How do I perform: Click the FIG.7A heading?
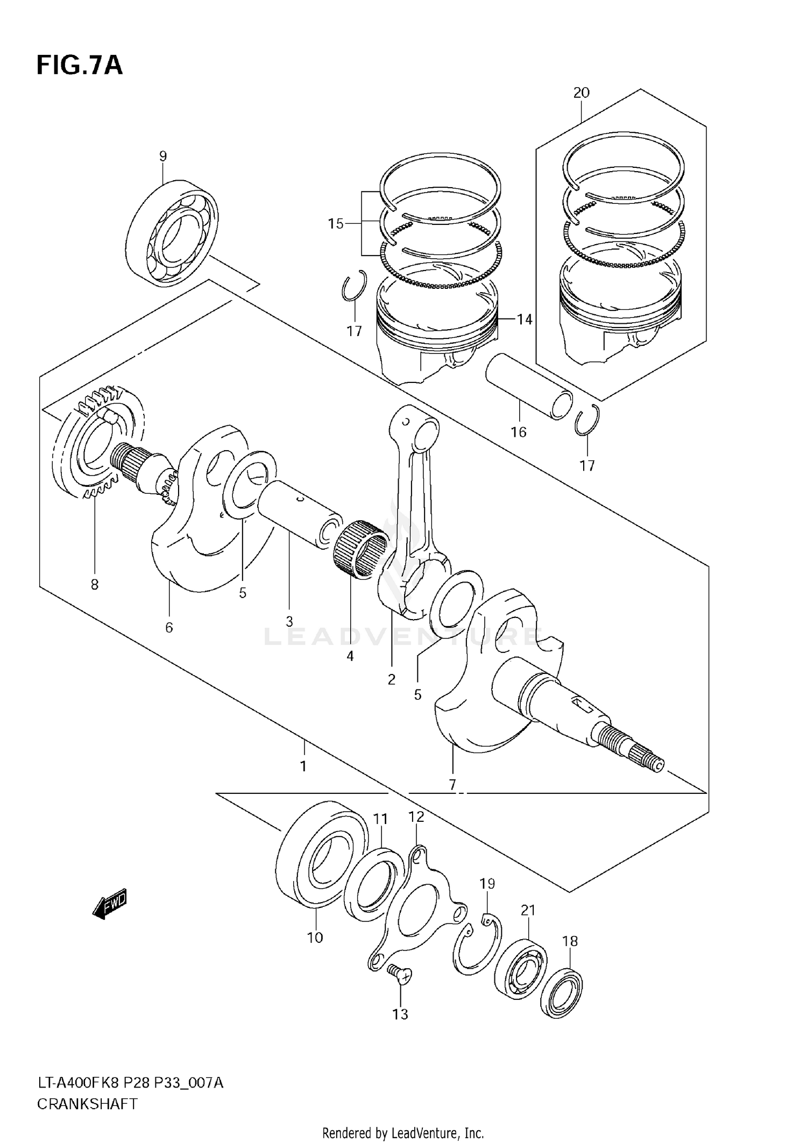click(80, 65)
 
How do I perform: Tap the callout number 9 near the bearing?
click(163, 157)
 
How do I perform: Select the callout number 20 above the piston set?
click(581, 93)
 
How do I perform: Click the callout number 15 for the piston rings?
click(336, 223)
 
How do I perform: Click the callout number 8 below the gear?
click(95, 584)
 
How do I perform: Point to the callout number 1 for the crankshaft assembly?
click(303, 766)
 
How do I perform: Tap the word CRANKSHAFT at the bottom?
click(87, 1104)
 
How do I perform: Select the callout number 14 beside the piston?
click(524, 320)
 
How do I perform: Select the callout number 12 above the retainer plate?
click(416, 817)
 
